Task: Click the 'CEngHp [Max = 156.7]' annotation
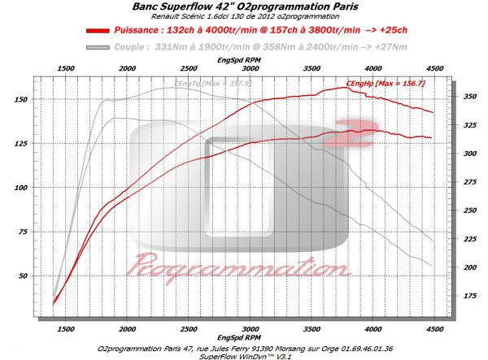[x=386, y=84]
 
